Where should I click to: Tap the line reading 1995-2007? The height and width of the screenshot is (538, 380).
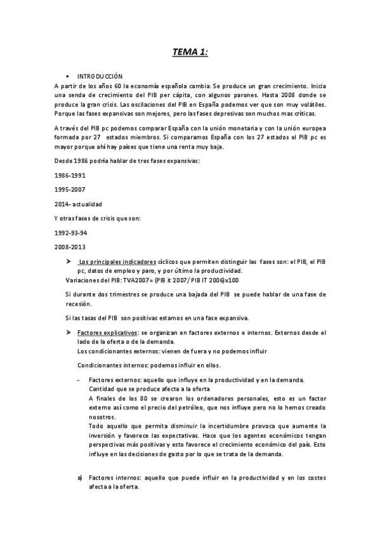pos(70,189)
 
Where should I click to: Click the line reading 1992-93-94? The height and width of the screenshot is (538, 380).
pos(70,233)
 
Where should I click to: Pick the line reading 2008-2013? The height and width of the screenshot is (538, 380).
pos(70,247)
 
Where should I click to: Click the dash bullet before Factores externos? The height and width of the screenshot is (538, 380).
pos(78,380)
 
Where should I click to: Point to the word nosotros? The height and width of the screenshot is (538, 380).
pos(103,417)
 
